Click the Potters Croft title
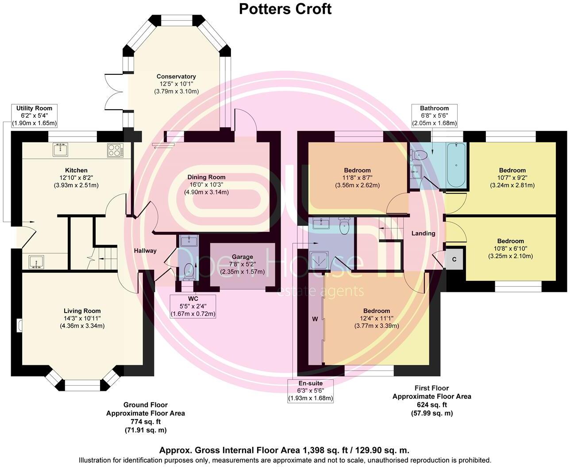pyautogui.click(x=285, y=9)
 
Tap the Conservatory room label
pyautogui.click(x=176, y=77)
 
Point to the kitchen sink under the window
pyautogui.click(x=60, y=149)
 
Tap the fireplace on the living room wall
pyautogui.click(x=19, y=325)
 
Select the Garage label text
pyautogui.click(x=243, y=256)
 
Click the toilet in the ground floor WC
pyautogui.click(x=187, y=270)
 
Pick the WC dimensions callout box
pyautogui.click(x=193, y=306)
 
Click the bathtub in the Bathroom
pyautogui.click(x=455, y=165)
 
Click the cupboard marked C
pyautogui.click(x=454, y=259)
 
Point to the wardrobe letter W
pyautogui.click(x=315, y=319)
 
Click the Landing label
pyautogui.click(x=423, y=233)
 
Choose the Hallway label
pyautogui.click(x=145, y=251)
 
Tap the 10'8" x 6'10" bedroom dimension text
pyautogui.click(x=510, y=249)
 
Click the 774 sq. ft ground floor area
pyautogui.click(x=145, y=421)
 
